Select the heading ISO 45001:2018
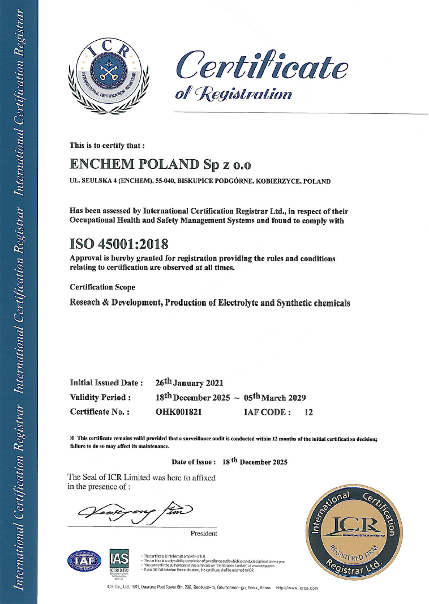118,244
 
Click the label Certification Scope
102,287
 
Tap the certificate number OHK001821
178,412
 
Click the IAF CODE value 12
308,412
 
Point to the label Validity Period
101,398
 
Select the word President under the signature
204,534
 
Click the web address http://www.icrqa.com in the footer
297,589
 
